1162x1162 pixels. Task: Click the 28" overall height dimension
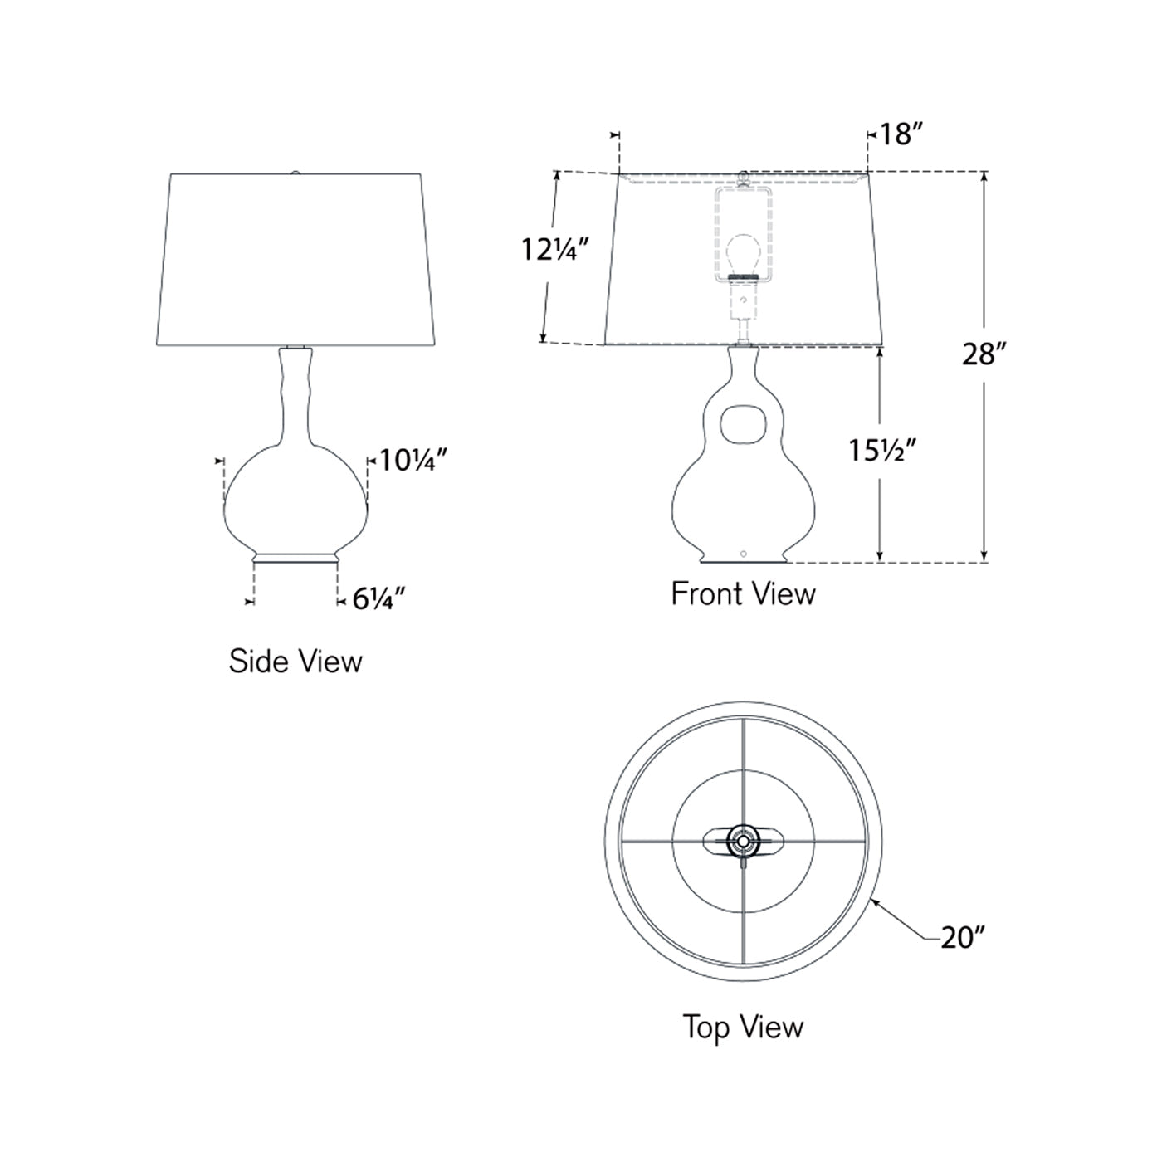(984, 354)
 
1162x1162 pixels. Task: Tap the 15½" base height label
(881, 450)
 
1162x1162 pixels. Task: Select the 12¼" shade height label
(554, 248)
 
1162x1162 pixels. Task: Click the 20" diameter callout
(962, 938)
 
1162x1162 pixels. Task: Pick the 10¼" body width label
(413, 459)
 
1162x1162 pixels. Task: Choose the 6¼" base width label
(378, 598)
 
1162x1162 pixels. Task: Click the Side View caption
(295, 662)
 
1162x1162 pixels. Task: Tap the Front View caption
(743, 594)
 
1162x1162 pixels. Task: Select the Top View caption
(743, 1027)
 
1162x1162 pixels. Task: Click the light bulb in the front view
(743, 254)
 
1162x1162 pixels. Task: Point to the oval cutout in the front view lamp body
(743, 422)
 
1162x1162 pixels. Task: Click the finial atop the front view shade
(745, 176)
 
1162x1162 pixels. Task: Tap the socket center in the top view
(741, 842)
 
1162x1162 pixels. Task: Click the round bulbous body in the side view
(295, 498)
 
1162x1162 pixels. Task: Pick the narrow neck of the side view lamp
(295, 390)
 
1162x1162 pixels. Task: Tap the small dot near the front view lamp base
(744, 553)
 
